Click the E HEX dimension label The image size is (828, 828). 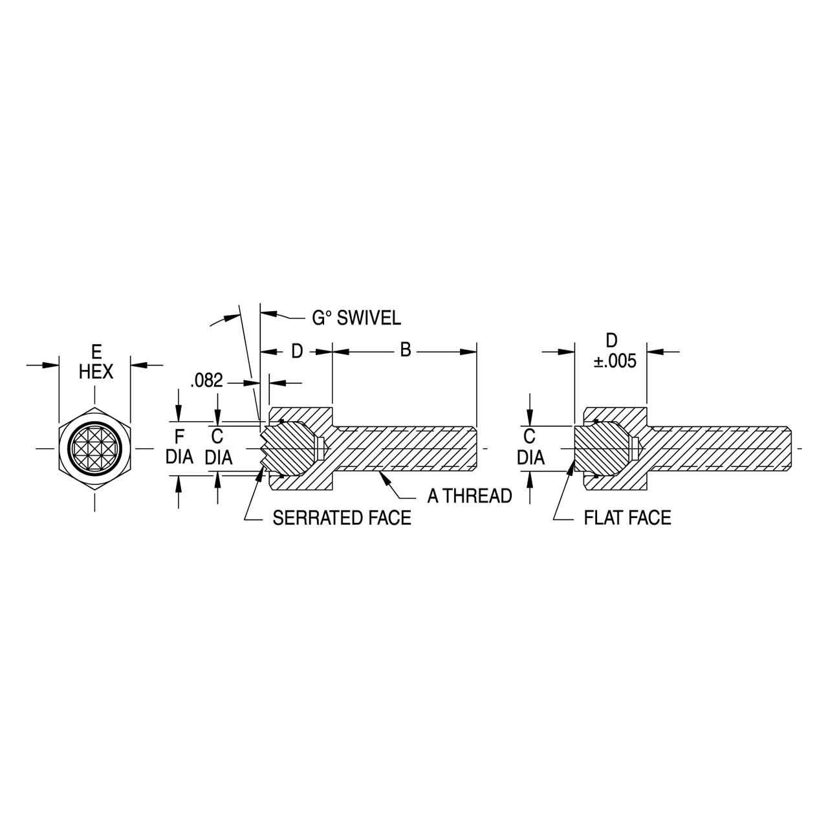[96, 362]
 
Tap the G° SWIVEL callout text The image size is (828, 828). [356, 318]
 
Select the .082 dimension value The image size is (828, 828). [207, 381]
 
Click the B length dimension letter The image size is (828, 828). [406, 350]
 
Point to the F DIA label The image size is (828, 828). [179, 447]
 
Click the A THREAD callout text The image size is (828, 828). [470, 496]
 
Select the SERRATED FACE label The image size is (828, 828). [342, 517]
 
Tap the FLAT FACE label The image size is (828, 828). [627, 517]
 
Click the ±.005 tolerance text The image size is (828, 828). [615, 361]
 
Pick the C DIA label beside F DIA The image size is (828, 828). [218, 447]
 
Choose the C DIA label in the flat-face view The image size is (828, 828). [530, 447]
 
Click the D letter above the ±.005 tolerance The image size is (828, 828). [611, 340]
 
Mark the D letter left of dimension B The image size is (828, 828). [297, 351]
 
